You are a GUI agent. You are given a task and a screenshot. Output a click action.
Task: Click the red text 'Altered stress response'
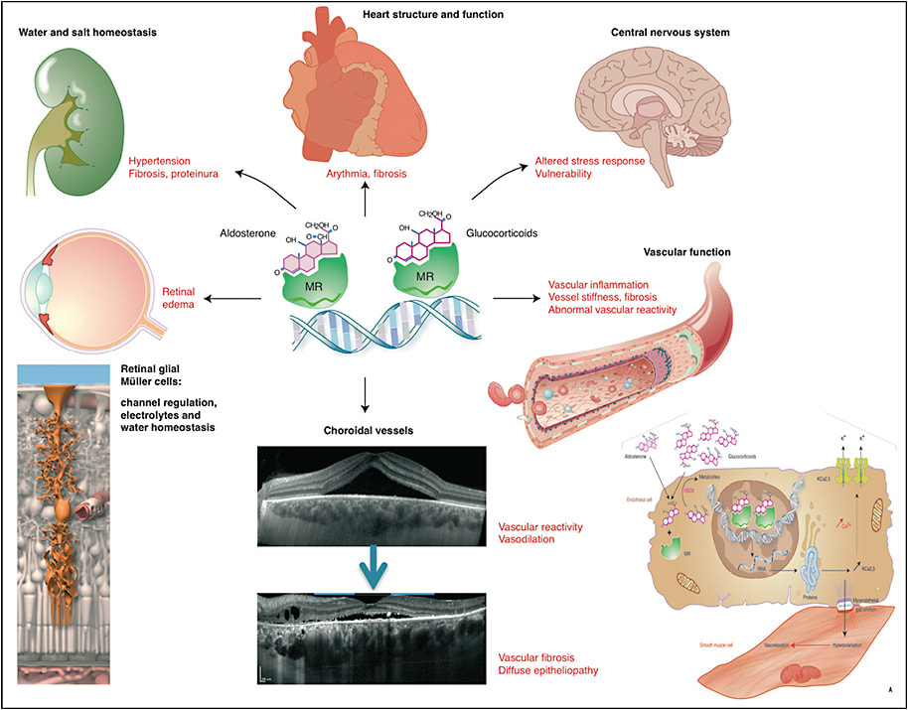(592, 159)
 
